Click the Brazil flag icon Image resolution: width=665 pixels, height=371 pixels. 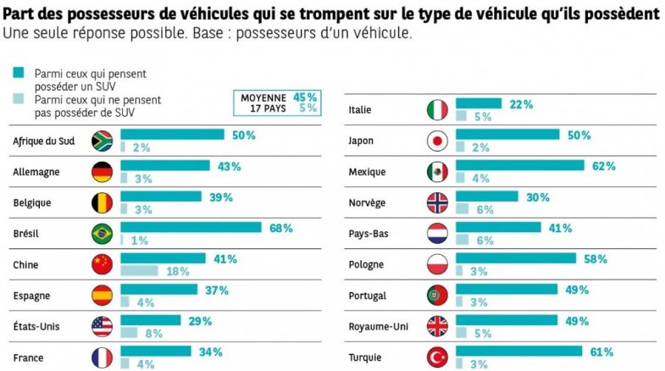pos(103,233)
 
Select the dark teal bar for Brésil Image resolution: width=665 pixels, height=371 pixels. pos(191,227)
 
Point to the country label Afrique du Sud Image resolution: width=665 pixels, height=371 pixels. pos(45,141)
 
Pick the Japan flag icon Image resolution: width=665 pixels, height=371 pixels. pos(437,141)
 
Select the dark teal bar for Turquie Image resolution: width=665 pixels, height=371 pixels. pos(519,351)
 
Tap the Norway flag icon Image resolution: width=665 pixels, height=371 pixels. pos(437,202)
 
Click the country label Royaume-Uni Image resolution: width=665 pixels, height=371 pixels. pos(378,327)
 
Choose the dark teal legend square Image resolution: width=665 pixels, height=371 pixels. pos(17,74)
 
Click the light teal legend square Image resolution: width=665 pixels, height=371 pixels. pos(17,99)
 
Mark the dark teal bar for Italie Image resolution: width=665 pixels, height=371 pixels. pos(479,103)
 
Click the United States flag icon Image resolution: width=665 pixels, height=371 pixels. pos(103,326)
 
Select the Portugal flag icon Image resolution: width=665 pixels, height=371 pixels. pos(437,296)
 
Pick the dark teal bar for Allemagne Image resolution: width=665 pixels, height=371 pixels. pos(165,165)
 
